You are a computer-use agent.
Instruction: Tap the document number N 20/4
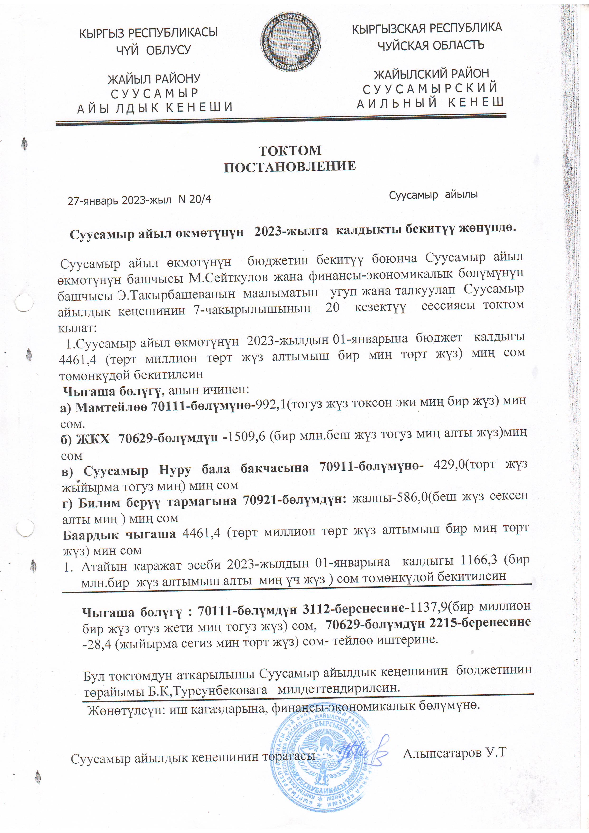pyautogui.click(x=195, y=199)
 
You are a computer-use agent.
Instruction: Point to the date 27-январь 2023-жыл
pyautogui.click(x=119, y=200)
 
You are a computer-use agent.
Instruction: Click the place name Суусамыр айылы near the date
pyautogui.click(x=433, y=195)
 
